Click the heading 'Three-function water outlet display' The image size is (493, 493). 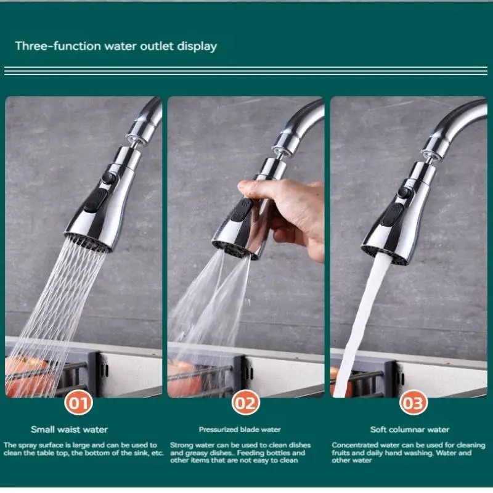(116, 46)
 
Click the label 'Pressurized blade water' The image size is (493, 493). (240, 430)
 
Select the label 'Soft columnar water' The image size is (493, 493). (410, 430)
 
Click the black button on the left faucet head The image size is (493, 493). (99, 200)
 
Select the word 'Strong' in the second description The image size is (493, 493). (180, 445)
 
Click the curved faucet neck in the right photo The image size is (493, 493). (456, 120)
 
